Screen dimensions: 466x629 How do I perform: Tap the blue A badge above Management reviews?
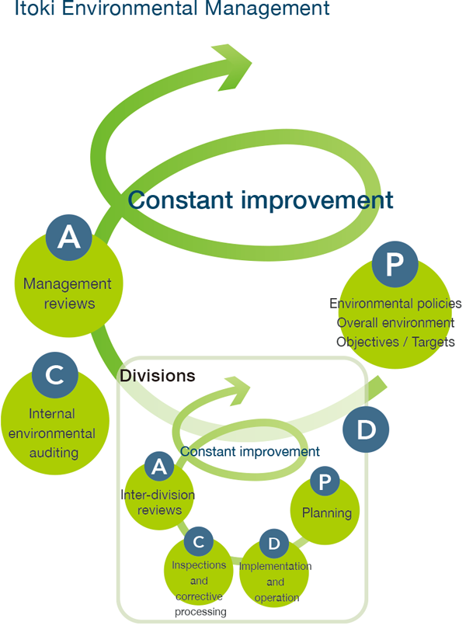point(69,237)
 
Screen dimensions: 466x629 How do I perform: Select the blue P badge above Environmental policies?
point(395,264)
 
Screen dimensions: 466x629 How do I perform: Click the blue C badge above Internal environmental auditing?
point(55,374)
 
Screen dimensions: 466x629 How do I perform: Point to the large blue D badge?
point(366,429)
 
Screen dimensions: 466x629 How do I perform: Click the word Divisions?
point(158,376)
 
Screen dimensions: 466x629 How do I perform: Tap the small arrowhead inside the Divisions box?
point(238,391)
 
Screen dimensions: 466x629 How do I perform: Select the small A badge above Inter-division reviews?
point(159,467)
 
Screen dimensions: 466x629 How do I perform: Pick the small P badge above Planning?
point(325,481)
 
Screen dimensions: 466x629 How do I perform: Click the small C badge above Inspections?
point(198,541)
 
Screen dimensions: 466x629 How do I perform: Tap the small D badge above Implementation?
point(274,544)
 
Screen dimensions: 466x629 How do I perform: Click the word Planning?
point(327,513)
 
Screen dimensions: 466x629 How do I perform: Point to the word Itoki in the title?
point(34,8)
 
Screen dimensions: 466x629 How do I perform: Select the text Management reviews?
point(68,294)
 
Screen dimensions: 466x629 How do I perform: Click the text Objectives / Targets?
point(395,342)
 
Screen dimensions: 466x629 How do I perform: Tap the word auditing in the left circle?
point(54,453)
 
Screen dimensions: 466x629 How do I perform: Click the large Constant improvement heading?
point(260,200)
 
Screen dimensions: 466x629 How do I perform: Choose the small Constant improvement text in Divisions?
point(249,451)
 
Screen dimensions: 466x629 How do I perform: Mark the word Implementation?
point(276,566)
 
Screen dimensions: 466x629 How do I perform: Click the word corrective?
point(199,596)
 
